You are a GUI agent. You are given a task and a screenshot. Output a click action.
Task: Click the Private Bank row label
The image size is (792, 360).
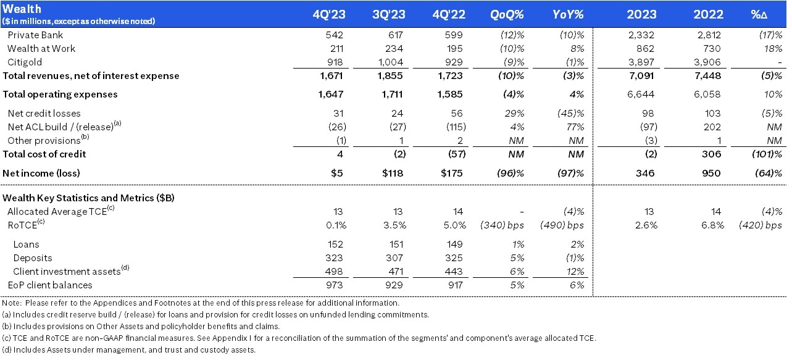35,35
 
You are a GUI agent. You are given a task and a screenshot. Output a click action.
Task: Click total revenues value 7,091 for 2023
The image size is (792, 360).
641,76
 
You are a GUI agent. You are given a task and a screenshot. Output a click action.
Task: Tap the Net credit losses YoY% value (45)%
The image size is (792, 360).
570,114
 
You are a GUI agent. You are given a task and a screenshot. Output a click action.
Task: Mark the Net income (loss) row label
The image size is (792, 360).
41,174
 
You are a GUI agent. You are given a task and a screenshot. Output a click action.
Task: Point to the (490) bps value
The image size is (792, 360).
562,225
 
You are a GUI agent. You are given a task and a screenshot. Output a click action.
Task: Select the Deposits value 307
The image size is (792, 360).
394,258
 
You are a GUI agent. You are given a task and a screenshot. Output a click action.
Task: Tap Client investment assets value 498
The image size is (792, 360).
334,272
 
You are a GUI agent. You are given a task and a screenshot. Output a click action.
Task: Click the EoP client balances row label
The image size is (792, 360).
49,285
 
